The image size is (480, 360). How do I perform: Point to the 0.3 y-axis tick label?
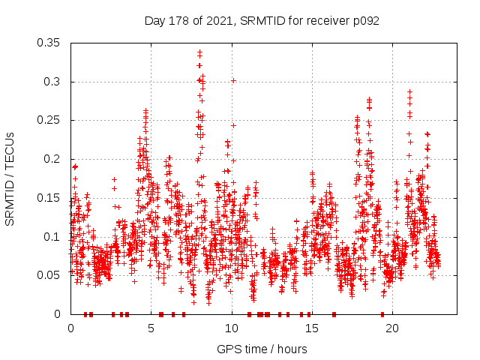[55, 82]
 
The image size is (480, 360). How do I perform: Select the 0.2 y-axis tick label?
[55, 159]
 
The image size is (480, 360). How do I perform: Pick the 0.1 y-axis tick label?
[55, 236]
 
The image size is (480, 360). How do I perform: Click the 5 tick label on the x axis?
[151, 328]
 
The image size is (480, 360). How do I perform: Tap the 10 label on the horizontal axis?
[232, 328]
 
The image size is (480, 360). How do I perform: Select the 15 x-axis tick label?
[312, 328]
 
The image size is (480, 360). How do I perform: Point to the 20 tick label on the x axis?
[392, 328]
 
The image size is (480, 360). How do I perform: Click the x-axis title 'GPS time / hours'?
[262, 349]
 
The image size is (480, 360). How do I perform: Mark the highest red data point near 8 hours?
[199, 52]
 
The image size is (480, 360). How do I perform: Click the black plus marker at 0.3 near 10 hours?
[233, 80]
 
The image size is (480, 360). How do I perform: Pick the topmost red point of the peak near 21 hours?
[409, 91]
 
